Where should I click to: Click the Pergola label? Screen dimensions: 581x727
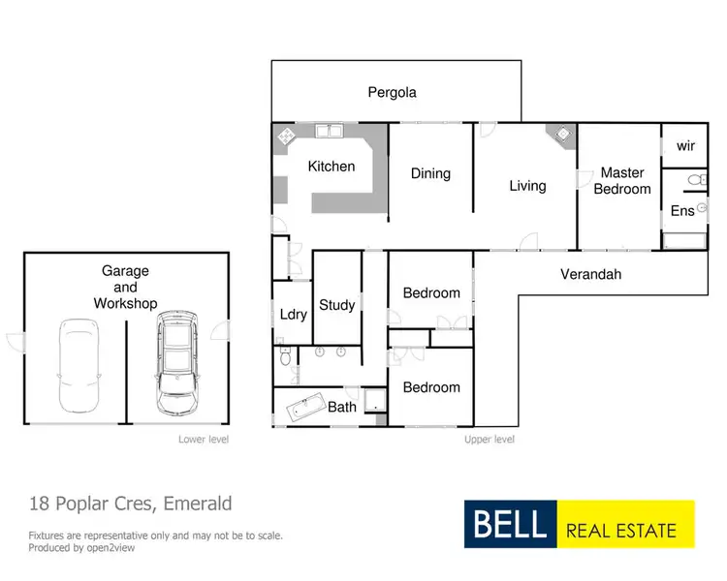click(392, 93)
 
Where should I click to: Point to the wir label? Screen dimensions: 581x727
click(685, 145)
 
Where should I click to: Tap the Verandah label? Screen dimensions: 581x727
click(590, 274)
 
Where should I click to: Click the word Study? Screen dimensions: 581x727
click(337, 305)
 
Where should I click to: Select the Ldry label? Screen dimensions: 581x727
click(294, 314)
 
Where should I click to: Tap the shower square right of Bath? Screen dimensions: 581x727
click(374, 406)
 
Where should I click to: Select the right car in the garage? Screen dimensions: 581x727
click(176, 355)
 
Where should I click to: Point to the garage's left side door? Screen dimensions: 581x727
click(15, 341)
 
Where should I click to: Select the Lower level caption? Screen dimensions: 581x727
click(203, 439)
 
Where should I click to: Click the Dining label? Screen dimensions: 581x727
click(430, 173)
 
